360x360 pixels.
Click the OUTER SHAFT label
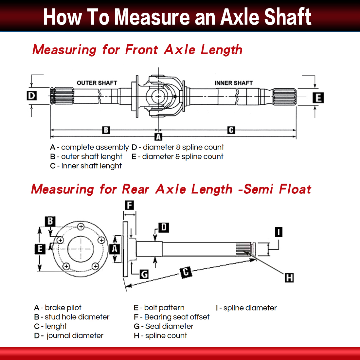pos(97,83)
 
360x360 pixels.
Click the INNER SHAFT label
pos(233,83)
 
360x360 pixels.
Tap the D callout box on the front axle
pos(32,96)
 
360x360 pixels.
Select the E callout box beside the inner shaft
pos(318,98)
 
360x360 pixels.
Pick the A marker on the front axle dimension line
pos(158,137)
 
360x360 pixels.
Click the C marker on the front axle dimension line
pos(231,130)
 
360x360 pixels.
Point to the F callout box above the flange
pos(130,205)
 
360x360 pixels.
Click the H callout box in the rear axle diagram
pos(289,278)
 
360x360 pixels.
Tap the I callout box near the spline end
pos(279,232)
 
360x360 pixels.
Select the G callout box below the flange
pos(144,274)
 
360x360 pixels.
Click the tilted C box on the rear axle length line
pos(186,273)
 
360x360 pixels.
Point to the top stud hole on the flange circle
pos(81,227)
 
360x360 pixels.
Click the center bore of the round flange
pos(81,249)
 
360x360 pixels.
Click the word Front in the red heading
pos(142,50)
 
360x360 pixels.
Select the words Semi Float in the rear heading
pos(277,189)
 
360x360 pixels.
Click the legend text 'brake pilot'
pos(63,308)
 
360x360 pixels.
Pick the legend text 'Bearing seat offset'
pos(177,317)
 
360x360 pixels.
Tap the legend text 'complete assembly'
pos(95,147)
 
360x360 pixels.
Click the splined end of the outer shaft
pos(62,96)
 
